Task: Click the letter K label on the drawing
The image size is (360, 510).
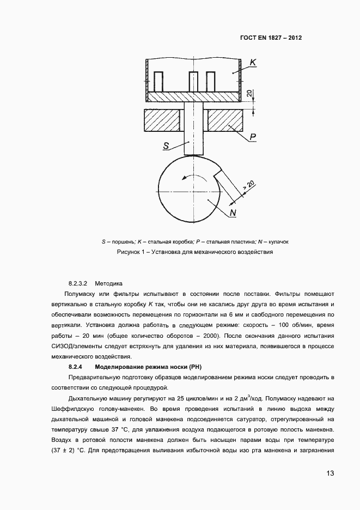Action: pos(253,64)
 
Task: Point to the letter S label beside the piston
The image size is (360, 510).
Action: pos(167,145)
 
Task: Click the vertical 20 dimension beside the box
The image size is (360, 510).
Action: pos(249,94)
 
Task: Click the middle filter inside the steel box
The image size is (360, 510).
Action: pos(193,82)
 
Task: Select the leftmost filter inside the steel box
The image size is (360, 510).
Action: pos(158,82)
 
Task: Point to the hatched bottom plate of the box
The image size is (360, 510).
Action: pos(194,97)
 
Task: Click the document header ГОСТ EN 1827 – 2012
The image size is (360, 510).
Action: pos(271,39)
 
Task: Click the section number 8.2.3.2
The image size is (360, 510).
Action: pos(78,283)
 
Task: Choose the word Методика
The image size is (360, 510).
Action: pos(109,283)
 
